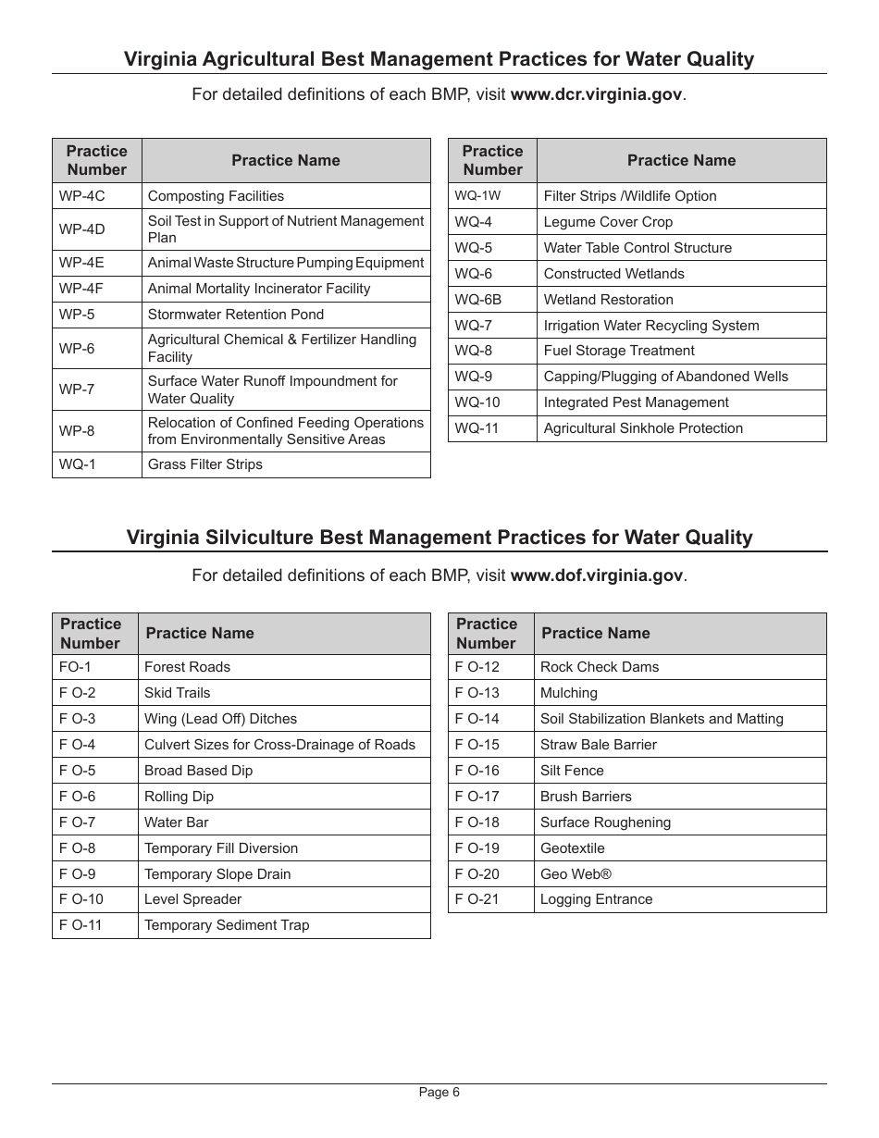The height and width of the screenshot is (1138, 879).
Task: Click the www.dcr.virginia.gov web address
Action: pos(597,95)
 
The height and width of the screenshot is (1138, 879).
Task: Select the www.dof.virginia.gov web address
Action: pos(597,575)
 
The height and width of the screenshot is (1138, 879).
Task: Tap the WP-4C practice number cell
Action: pos(82,196)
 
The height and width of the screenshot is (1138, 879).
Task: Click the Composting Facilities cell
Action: pos(216,196)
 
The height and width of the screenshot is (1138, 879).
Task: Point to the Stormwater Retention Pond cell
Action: pos(236,315)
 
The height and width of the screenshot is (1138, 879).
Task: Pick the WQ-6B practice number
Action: pos(477,300)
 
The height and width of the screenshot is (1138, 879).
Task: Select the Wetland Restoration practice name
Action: pos(608,300)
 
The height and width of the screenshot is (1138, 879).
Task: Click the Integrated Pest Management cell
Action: pos(636,402)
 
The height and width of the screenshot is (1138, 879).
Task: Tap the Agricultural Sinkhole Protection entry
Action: pos(643,428)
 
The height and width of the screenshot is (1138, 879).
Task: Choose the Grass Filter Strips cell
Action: pos(204,464)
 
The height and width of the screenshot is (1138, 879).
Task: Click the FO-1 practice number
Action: pos(75,667)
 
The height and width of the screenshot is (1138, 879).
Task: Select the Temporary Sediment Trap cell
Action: pos(227,925)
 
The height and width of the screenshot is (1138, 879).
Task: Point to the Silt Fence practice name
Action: pos(571,771)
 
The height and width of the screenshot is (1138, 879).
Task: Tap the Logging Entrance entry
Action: pos(596,899)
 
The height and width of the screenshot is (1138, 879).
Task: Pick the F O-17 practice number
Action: pos(477,797)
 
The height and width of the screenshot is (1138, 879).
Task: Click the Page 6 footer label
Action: pos(439,1092)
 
